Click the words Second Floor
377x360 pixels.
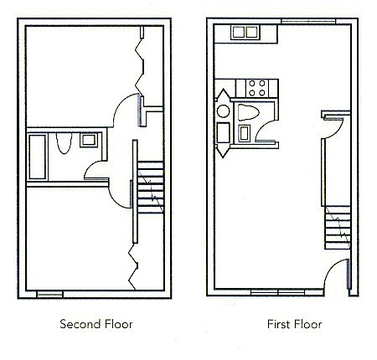pyautogui.click(x=96, y=324)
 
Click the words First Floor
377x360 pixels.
pyautogui.click(x=294, y=324)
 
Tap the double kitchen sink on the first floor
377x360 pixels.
pyautogui.click(x=246, y=33)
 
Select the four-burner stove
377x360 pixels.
pyautogui.click(x=257, y=88)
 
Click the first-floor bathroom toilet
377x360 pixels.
pyautogui.click(x=248, y=112)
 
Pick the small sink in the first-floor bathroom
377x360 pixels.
pyautogui.click(x=245, y=133)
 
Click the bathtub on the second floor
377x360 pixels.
pyautogui.click(x=37, y=157)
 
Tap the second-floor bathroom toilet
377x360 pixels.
pyautogui.click(x=63, y=143)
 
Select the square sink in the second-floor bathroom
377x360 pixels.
pyautogui.click(x=89, y=140)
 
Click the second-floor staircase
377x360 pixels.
pyautogui.click(x=150, y=187)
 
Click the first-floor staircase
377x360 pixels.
pyautogui.click(x=337, y=228)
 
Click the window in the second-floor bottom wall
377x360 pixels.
pyautogui.click(x=50, y=294)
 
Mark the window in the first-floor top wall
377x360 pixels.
pyautogui.click(x=308, y=22)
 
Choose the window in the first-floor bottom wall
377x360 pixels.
pyautogui.click(x=278, y=293)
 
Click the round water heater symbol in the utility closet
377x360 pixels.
pyautogui.click(x=223, y=111)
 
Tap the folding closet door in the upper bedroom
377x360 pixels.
pyautogui.click(x=141, y=62)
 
